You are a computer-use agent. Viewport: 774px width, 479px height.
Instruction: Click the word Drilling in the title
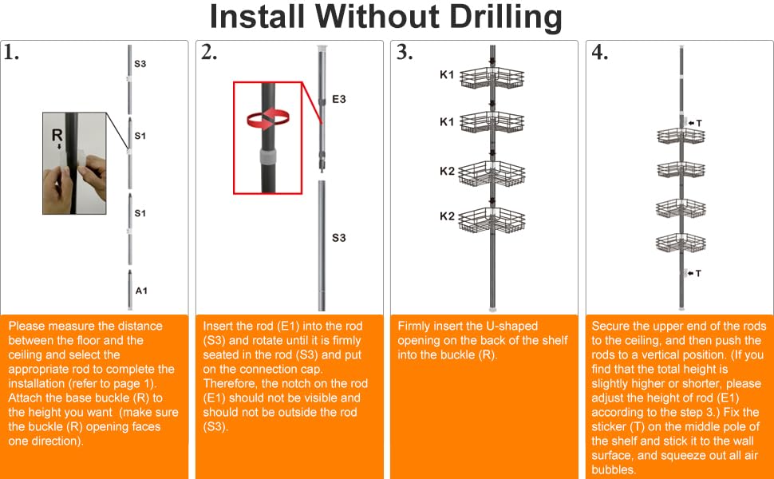pos(506,18)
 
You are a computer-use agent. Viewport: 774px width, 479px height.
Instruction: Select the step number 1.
pos(11,53)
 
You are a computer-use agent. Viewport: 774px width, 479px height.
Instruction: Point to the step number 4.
pos(600,53)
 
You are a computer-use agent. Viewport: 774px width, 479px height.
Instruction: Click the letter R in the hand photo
pos(57,135)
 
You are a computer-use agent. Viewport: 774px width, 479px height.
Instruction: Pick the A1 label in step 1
pos(141,291)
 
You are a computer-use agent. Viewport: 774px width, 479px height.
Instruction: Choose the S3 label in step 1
pos(140,64)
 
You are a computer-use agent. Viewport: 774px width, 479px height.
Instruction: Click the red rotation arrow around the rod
pos(268,119)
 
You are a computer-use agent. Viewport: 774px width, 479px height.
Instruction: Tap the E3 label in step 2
pos(338,99)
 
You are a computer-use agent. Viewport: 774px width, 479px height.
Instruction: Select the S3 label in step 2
pos(338,238)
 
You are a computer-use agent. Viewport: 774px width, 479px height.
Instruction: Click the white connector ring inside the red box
pos(268,157)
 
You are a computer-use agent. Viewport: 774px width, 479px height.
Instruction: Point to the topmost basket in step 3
pos(492,78)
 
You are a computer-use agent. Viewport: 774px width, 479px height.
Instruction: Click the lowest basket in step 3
pos(492,220)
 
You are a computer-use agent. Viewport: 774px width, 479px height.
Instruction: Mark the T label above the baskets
pos(699,123)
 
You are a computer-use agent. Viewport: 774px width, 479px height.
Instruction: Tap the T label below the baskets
pos(698,273)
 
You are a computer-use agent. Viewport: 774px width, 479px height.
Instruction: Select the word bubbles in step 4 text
pos(614,469)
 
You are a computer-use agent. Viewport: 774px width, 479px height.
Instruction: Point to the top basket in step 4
pos(681,136)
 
